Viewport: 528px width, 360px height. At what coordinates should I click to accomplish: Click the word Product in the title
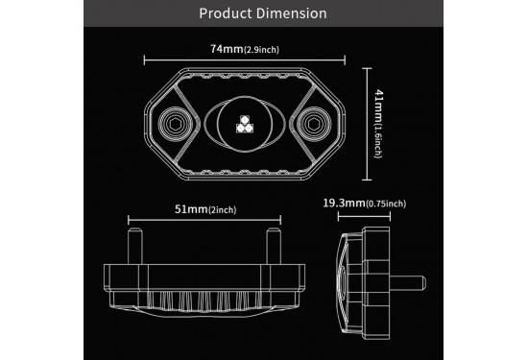click(x=226, y=13)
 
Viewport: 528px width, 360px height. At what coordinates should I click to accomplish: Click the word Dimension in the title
click(x=291, y=13)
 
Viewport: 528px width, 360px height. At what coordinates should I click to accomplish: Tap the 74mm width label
click(x=227, y=49)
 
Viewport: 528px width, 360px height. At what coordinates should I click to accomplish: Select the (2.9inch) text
click(x=261, y=50)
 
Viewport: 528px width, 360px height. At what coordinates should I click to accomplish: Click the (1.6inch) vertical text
click(x=378, y=141)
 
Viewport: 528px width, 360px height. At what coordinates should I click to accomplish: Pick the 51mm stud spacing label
click(x=191, y=209)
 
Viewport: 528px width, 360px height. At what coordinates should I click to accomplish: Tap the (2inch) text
click(x=223, y=210)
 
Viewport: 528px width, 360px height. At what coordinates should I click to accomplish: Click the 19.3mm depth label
click(x=344, y=204)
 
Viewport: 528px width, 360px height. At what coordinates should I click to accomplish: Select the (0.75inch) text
click(x=386, y=204)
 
